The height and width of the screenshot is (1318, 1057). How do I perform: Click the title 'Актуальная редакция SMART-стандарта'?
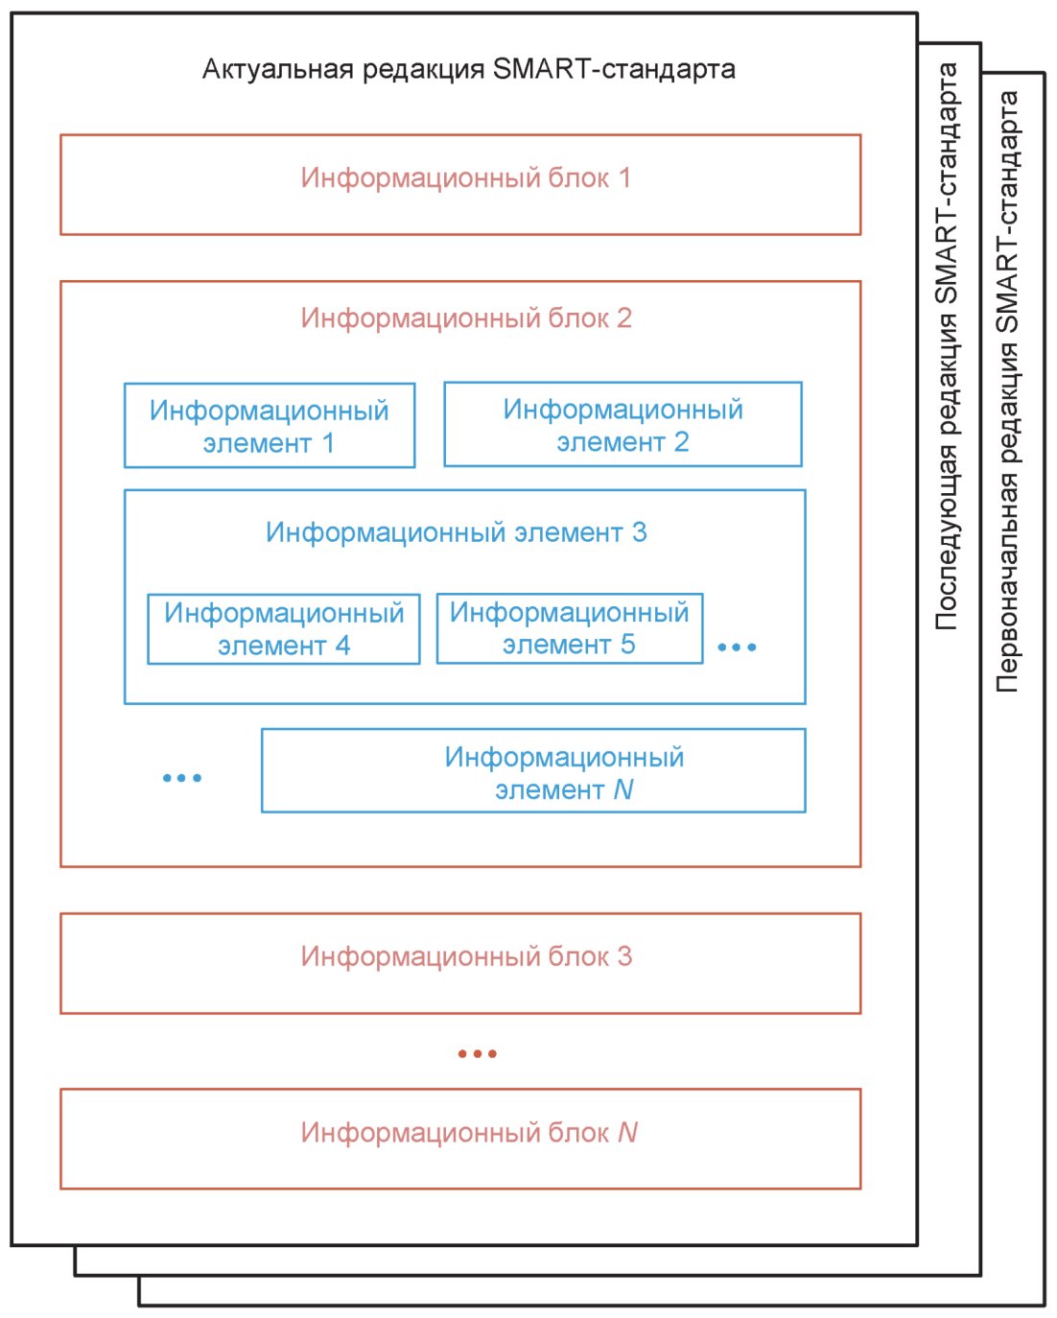pyautogui.click(x=468, y=70)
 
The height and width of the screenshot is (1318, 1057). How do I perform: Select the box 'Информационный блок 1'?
pyautogui.click(x=460, y=184)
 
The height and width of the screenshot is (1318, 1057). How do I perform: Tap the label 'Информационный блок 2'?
pyautogui.click(x=466, y=318)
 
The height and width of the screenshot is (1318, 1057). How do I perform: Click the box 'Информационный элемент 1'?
pyautogui.click(x=270, y=426)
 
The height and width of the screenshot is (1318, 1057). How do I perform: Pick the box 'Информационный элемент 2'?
pyautogui.click(x=622, y=425)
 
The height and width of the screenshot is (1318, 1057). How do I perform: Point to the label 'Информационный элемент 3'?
pyautogui.click(x=457, y=532)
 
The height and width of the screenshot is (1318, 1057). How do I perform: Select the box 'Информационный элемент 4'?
pyautogui.click(x=284, y=628)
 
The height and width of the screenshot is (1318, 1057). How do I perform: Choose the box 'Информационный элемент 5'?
pyautogui.click(x=570, y=628)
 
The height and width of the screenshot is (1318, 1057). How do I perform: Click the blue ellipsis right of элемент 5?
pyautogui.click(x=737, y=647)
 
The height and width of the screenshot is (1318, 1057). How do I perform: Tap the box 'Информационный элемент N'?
pyautogui.click(x=533, y=770)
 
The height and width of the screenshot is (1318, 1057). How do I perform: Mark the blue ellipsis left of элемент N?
pyautogui.click(x=182, y=778)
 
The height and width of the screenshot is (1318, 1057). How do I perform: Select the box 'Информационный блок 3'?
pyautogui.click(x=460, y=963)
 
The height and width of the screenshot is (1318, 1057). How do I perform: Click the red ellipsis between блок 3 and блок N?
pyautogui.click(x=477, y=1053)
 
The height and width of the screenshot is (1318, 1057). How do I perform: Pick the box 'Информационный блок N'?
pyautogui.click(x=460, y=1139)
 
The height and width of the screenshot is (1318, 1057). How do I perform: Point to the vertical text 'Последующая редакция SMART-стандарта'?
pyautogui.click(x=947, y=345)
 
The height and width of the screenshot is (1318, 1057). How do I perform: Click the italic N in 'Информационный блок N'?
pyautogui.click(x=627, y=1133)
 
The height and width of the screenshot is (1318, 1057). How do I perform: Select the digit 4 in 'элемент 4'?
pyautogui.click(x=342, y=646)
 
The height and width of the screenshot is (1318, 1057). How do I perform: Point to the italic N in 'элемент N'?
pyautogui.click(x=622, y=789)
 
